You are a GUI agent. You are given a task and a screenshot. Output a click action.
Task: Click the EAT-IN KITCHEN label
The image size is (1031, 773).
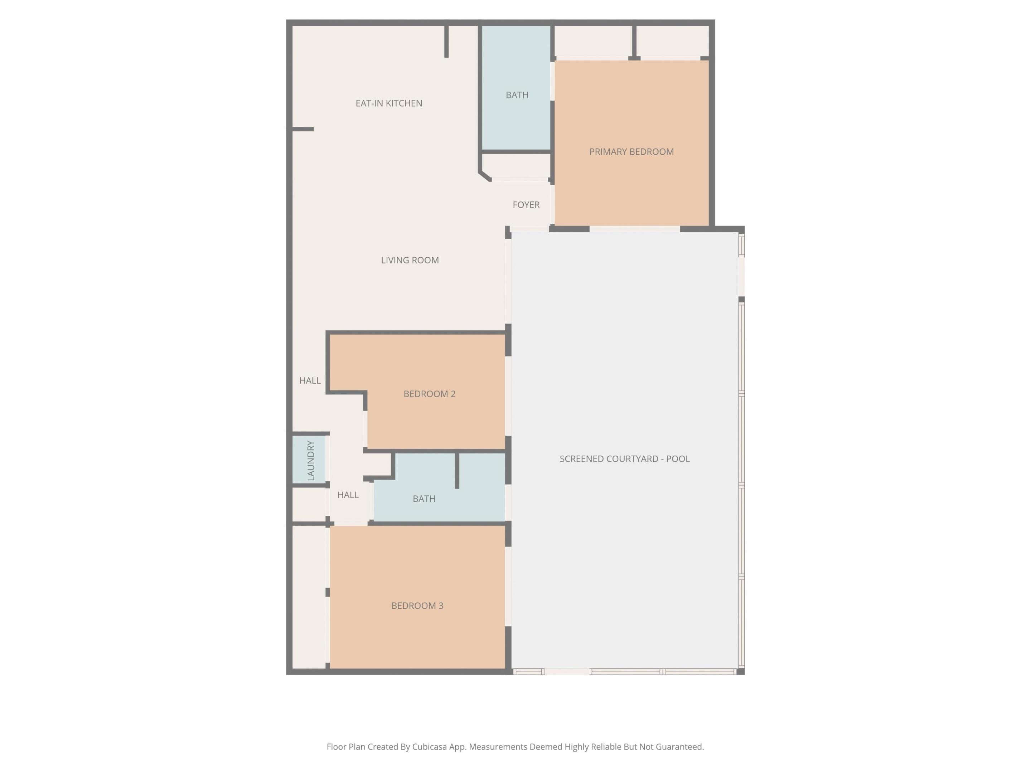coord(389,103)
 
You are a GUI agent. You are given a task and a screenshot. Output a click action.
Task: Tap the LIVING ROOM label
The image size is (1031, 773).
coord(410,261)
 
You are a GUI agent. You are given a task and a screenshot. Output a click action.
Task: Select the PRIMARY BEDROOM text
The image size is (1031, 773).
coord(631,152)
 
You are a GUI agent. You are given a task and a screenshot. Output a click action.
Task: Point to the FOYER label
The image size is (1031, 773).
coord(526,205)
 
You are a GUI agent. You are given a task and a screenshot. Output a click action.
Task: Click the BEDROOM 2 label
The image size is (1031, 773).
coord(429,394)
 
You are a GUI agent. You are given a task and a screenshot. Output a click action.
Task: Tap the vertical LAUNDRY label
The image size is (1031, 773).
coord(311,460)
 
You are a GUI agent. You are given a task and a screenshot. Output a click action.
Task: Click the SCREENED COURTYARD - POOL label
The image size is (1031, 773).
coord(625,459)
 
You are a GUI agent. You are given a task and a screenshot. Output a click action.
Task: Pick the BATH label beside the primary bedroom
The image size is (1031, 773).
coord(517,95)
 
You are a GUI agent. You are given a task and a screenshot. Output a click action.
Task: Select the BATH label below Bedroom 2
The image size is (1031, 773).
coord(424,499)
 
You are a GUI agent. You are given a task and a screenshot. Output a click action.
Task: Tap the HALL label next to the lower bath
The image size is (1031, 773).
coord(348,495)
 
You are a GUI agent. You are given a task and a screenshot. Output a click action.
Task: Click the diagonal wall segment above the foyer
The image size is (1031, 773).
coord(485,176)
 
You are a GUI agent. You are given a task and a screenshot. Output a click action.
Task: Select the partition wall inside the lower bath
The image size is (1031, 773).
coord(457,470)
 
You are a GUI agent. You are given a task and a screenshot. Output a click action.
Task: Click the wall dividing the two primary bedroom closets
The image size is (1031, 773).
coord(634,42)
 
